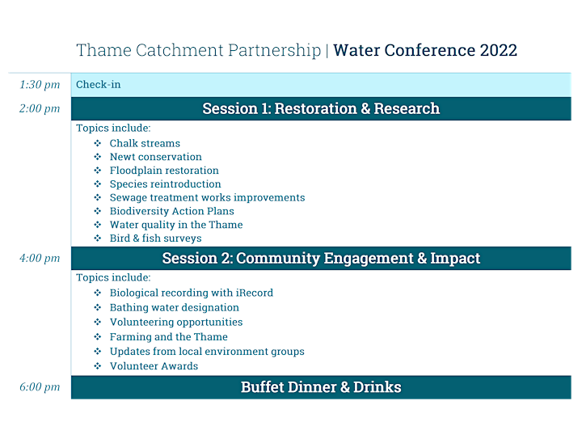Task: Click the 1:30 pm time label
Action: (x=40, y=85)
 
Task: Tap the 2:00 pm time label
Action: (x=40, y=109)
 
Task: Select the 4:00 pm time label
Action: (x=40, y=259)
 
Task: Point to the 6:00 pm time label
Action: (x=40, y=387)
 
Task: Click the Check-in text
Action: (x=99, y=85)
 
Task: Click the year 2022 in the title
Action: (x=498, y=50)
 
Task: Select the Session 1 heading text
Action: (x=321, y=109)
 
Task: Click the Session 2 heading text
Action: (x=321, y=259)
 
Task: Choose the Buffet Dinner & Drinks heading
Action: (x=321, y=387)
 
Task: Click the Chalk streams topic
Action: (x=145, y=143)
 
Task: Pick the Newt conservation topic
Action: (x=156, y=157)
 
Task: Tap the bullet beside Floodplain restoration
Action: (x=98, y=171)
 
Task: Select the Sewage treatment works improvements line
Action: (x=208, y=198)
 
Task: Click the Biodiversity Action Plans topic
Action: (x=172, y=211)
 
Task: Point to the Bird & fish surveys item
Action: (x=155, y=238)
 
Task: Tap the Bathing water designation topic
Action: (x=175, y=308)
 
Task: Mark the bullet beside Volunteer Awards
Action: (x=98, y=366)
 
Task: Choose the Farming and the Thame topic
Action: (x=168, y=337)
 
